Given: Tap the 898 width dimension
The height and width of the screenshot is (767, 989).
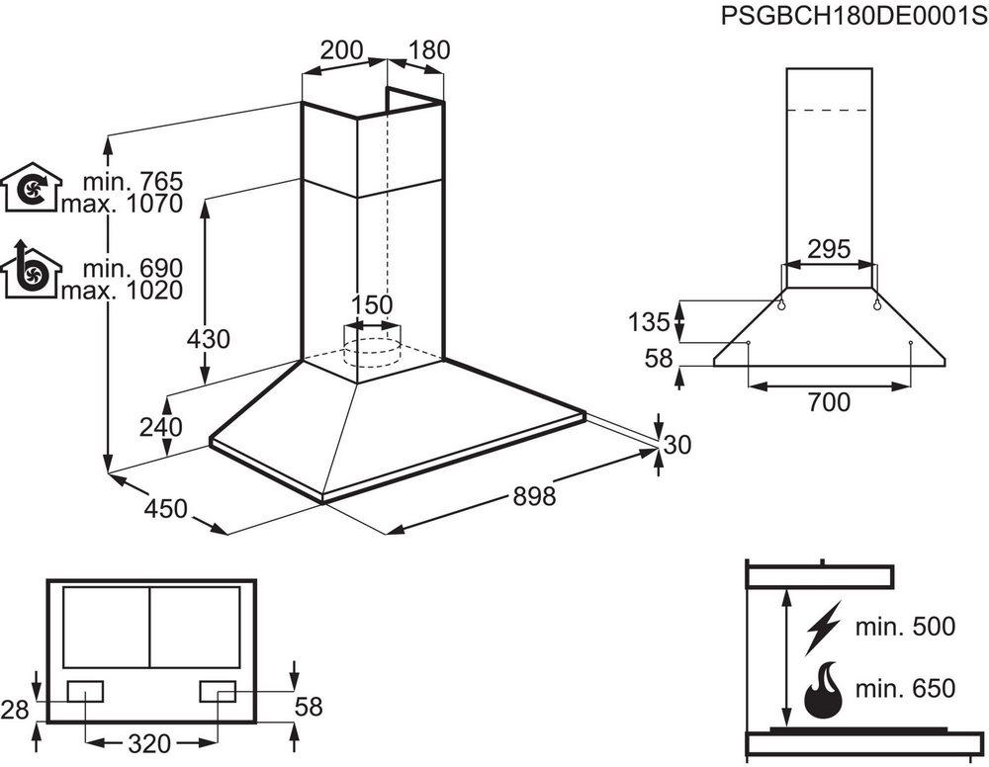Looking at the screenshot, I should (x=535, y=496).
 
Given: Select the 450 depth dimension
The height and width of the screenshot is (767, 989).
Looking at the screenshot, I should (x=165, y=509).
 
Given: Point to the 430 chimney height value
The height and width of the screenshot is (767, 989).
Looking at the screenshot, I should (x=209, y=339).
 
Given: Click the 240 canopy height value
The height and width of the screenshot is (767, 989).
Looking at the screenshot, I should (x=161, y=428).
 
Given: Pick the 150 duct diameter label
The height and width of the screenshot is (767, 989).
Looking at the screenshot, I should (x=372, y=304).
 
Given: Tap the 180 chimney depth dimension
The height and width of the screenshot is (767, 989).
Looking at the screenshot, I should (x=429, y=49).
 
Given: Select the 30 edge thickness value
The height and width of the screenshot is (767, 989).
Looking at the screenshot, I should (x=676, y=446).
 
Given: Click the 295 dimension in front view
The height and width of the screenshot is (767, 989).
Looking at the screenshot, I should (x=828, y=250).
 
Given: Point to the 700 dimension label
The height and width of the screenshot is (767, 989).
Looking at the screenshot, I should (x=828, y=401).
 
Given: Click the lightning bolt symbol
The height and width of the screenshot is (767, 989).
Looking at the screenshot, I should (x=823, y=627).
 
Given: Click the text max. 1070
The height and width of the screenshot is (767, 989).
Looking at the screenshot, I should (x=123, y=205).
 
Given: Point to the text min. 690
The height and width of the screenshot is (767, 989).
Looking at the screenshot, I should (x=134, y=268).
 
